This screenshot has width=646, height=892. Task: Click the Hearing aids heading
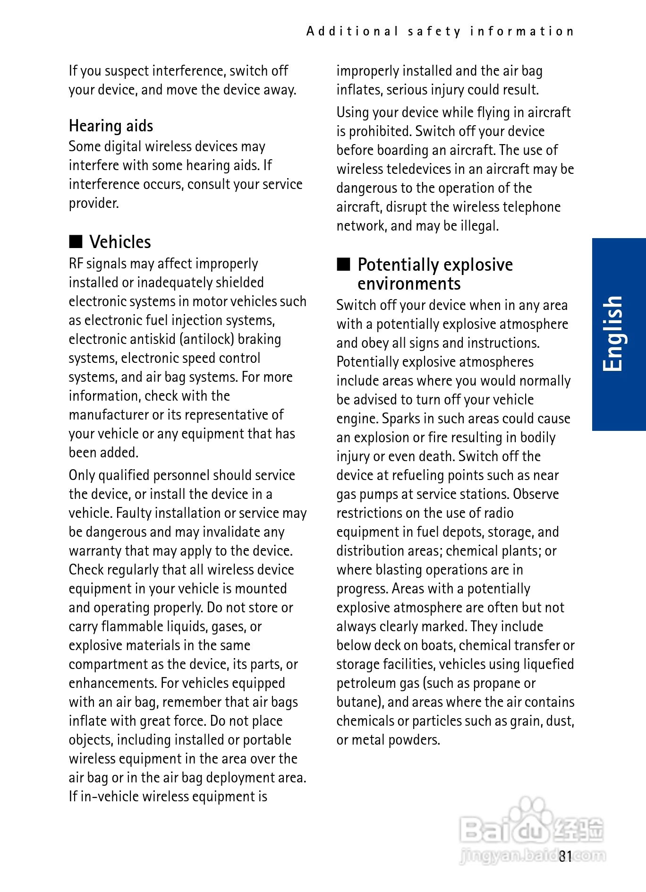click(x=111, y=126)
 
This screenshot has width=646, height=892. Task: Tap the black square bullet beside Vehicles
click(x=76, y=241)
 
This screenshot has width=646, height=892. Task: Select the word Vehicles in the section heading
click(x=120, y=242)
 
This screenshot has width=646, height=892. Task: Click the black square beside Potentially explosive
click(x=343, y=264)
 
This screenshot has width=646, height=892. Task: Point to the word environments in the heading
click(x=409, y=284)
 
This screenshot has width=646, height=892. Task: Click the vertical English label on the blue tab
click(x=613, y=334)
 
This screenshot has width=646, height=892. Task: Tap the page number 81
click(x=565, y=856)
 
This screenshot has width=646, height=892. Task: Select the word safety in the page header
click(x=434, y=32)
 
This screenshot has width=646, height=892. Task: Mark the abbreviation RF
click(x=76, y=264)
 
